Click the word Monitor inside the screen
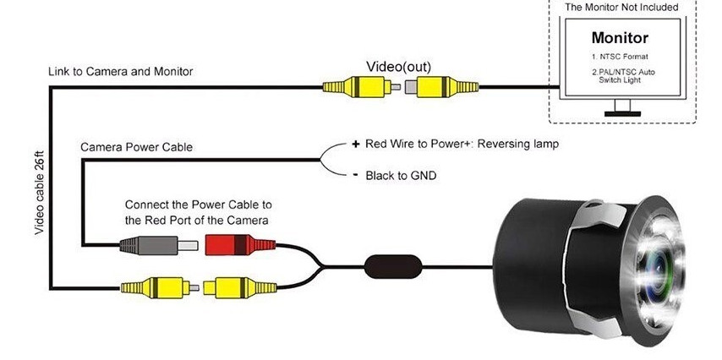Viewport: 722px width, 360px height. pos(620,37)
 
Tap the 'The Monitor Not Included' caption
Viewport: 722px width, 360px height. pos(621,8)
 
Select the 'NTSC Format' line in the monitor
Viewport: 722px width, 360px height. pos(620,57)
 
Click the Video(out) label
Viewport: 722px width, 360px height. pos(399,67)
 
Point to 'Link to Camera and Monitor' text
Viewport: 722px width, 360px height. pos(121,71)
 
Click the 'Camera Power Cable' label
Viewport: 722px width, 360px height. pos(137,147)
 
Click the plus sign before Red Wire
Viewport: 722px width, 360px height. pos(355,145)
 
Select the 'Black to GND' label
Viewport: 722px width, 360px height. pos(401,176)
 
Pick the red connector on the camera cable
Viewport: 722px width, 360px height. pos(240,244)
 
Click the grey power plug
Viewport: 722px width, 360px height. pos(159,245)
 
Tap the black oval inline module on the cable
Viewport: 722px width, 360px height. pos(393,266)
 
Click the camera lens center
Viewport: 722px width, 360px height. pos(659,270)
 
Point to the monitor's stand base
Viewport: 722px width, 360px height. pos(622,113)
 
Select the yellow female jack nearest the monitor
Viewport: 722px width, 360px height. pos(442,87)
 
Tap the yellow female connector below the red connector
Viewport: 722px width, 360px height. pos(240,287)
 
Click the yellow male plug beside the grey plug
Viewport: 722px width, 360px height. pos(160,287)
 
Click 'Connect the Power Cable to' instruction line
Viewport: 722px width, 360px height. pos(199,205)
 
